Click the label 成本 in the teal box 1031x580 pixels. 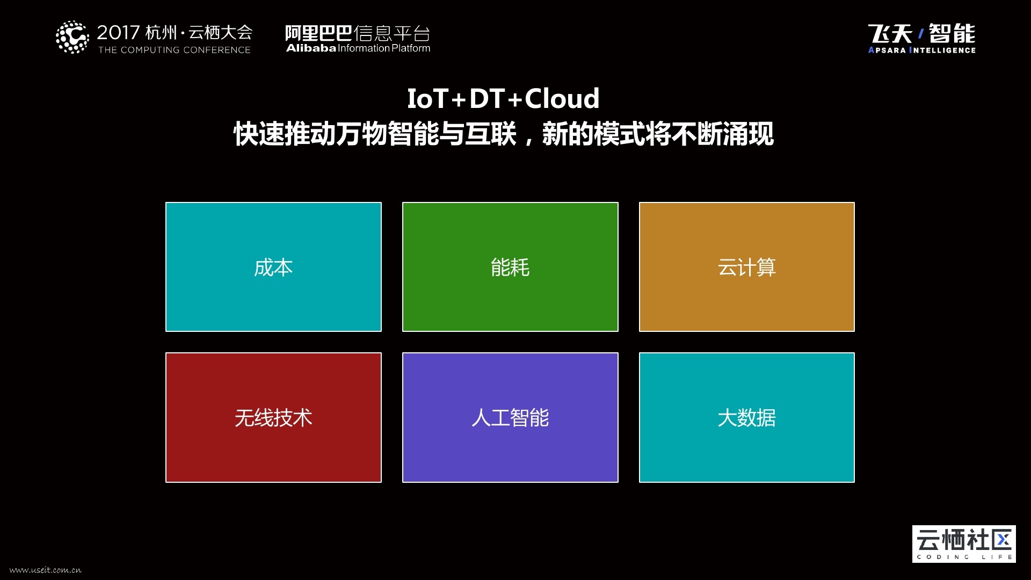(273, 267)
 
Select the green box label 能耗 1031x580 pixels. (510, 267)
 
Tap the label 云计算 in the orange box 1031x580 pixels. (746, 267)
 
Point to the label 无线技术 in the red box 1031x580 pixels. (273, 418)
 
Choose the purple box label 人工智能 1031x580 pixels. (510, 418)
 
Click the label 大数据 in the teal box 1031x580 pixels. (746, 418)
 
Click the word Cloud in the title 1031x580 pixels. (562, 98)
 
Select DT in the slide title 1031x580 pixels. (487, 98)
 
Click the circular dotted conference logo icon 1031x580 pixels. (72, 37)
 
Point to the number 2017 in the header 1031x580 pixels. (118, 33)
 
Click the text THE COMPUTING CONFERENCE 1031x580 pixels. (175, 50)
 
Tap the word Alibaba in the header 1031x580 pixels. (311, 48)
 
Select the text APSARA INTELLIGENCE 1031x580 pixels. (922, 50)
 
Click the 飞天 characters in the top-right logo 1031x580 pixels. (890, 34)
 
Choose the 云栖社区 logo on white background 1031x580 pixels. (964, 544)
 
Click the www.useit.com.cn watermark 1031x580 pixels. (45, 570)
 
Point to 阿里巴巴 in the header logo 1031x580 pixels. (318, 33)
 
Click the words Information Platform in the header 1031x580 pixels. (384, 48)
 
